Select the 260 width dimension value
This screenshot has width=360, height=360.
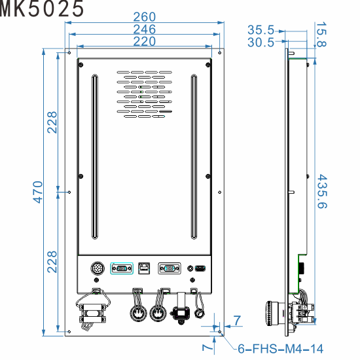(x=144, y=16)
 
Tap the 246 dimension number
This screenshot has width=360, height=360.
(x=144, y=29)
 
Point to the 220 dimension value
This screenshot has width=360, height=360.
(x=144, y=41)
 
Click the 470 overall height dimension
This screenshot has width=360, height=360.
(x=37, y=192)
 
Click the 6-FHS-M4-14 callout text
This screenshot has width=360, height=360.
(x=279, y=349)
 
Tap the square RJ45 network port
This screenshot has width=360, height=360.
(x=144, y=268)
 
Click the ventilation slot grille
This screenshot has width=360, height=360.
(x=145, y=93)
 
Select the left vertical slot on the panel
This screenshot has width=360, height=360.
(x=94, y=157)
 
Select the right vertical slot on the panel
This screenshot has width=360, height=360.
(x=194, y=157)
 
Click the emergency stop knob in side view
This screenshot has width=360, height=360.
(x=270, y=312)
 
